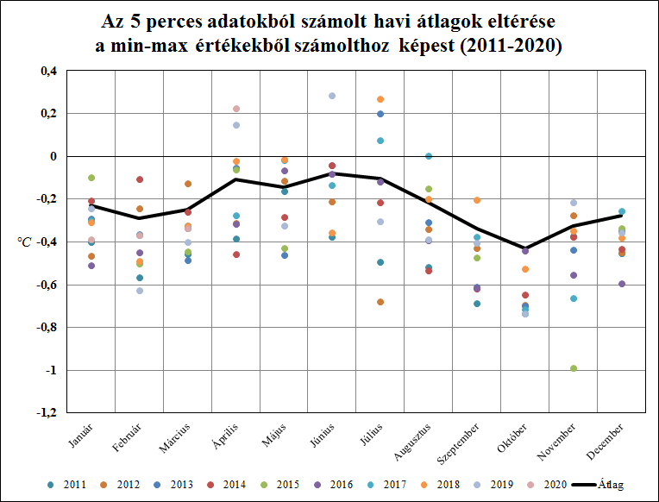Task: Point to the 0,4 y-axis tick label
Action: tap(47, 72)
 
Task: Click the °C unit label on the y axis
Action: tap(24, 242)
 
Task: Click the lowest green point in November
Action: tap(574, 369)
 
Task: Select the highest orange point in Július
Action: tap(380, 100)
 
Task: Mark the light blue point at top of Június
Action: tap(332, 96)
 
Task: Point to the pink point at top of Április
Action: tap(236, 109)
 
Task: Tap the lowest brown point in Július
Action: tap(380, 302)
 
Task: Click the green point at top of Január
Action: tap(91, 178)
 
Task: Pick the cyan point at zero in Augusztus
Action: tap(429, 156)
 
